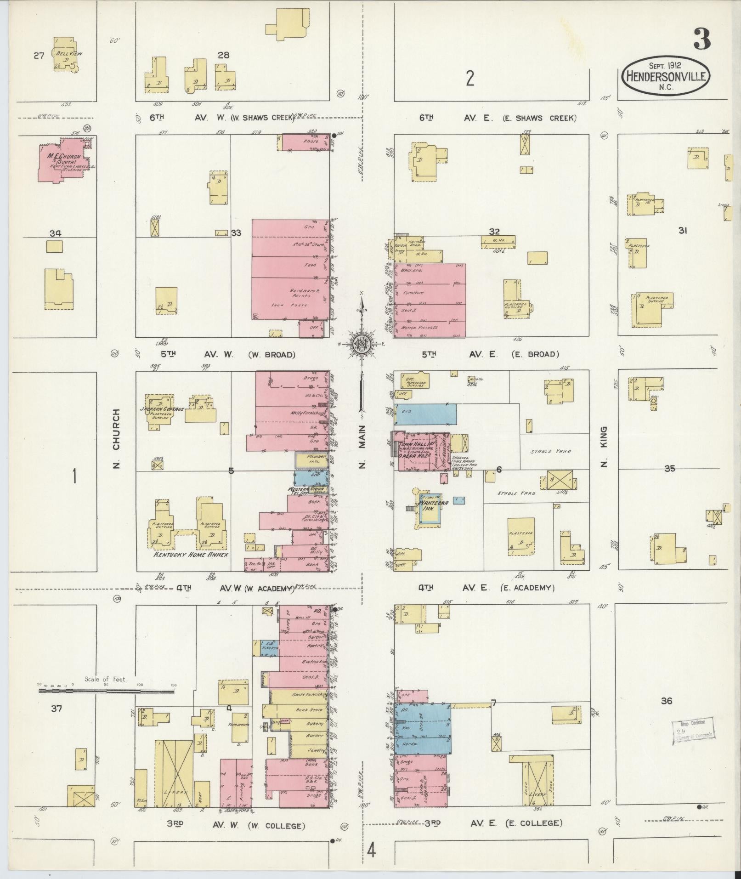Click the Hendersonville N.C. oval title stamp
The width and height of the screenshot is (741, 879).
click(665, 76)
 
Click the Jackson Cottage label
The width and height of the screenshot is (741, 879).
click(162, 409)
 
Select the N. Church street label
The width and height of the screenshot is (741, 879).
click(117, 439)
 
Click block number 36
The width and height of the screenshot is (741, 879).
click(667, 701)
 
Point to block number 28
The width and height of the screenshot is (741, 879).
click(223, 55)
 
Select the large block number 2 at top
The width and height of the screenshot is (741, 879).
click(469, 79)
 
